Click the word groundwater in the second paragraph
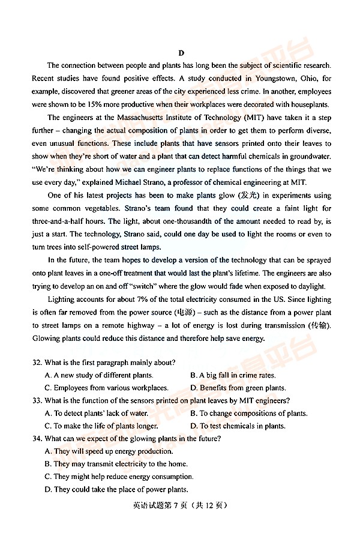(310, 157)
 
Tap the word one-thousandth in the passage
(175, 221)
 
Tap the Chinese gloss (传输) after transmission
(319, 325)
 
